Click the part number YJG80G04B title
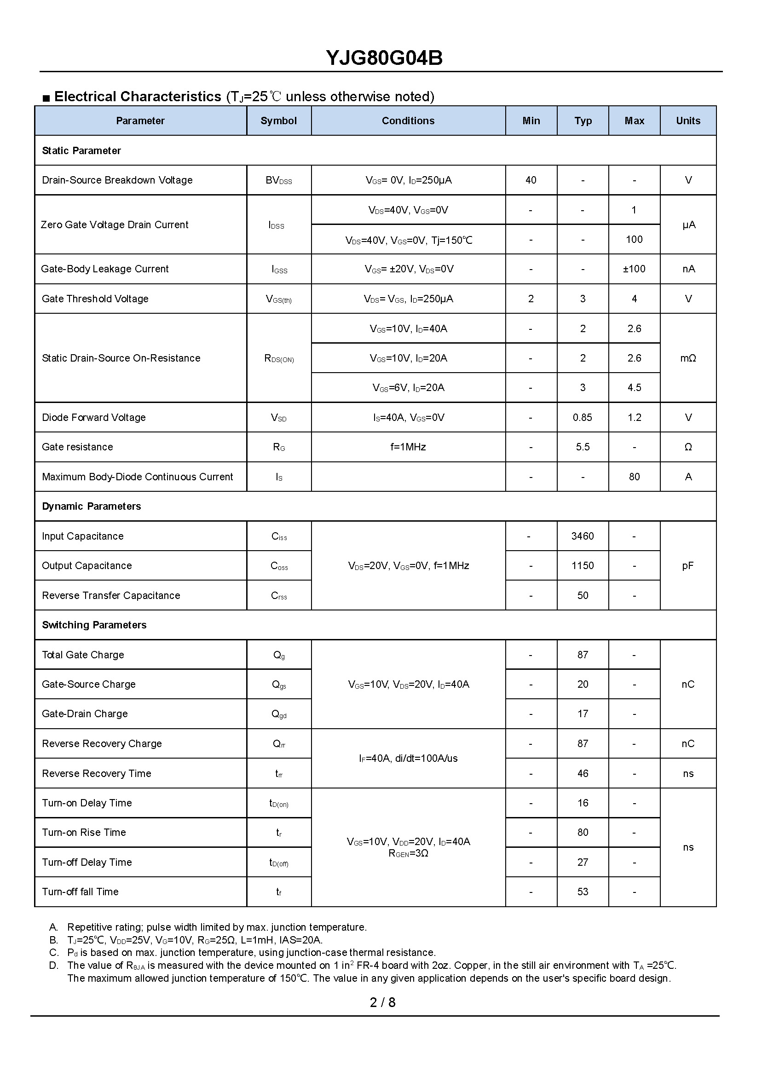pyautogui.click(x=384, y=58)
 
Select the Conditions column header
pyautogui.click(x=408, y=121)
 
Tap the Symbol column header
pyautogui.click(x=278, y=121)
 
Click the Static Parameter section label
pyautogui.click(x=81, y=150)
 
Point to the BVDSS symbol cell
pyautogui.click(x=278, y=181)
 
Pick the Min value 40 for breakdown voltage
pyautogui.click(x=531, y=180)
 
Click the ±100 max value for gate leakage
pyautogui.click(x=634, y=269)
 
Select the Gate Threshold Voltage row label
pyautogui.click(x=95, y=299)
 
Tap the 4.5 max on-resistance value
pyautogui.click(x=634, y=387)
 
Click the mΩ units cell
pyautogui.click(x=688, y=358)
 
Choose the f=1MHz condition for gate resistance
pyautogui.click(x=408, y=447)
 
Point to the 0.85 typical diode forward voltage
pyautogui.click(x=582, y=417)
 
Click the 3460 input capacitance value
pyautogui.click(x=582, y=536)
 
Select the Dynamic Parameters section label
pyautogui.click(x=91, y=506)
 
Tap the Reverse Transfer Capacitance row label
pyautogui.click(x=111, y=596)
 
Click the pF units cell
pyautogui.click(x=688, y=566)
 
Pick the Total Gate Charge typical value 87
pyautogui.click(x=582, y=655)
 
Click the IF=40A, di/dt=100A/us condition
pyautogui.click(x=408, y=759)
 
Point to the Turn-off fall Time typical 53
pyautogui.click(x=582, y=892)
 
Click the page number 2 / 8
pyautogui.click(x=382, y=1002)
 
